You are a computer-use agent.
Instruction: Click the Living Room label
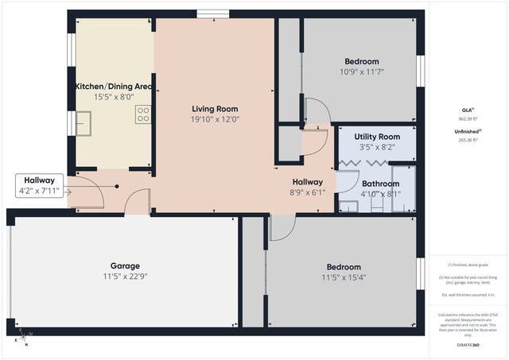pos(215,109)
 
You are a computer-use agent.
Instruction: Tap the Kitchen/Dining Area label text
pos(113,86)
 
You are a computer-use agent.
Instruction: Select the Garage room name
pos(125,265)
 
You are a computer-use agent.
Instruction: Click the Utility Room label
pos(377,137)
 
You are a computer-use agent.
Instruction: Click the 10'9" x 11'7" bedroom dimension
pos(361,72)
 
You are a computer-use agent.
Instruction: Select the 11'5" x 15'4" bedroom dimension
pos(343,277)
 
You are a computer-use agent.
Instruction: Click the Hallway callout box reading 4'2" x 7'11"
pos(38,185)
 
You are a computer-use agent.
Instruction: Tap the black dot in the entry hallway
pos(117,186)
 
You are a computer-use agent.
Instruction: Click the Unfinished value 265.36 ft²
pos(468,140)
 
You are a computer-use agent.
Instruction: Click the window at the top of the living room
pos(208,13)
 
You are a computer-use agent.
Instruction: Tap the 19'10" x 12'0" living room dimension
pos(215,119)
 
